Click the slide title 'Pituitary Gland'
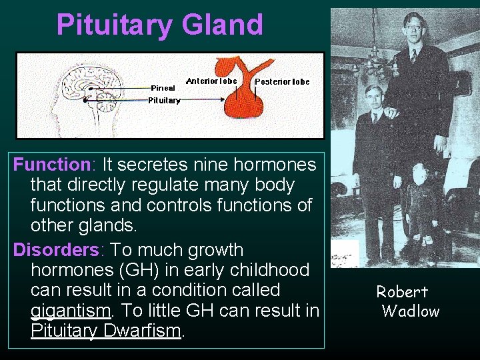[160, 25]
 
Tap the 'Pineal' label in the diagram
[163, 87]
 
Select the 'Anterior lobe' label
[211, 81]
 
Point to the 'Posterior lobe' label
[282, 81]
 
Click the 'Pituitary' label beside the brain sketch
[164, 100]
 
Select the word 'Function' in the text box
[51, 164]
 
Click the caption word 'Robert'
[402, 291]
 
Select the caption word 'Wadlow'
[411, 311]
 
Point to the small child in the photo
[419, 200]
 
